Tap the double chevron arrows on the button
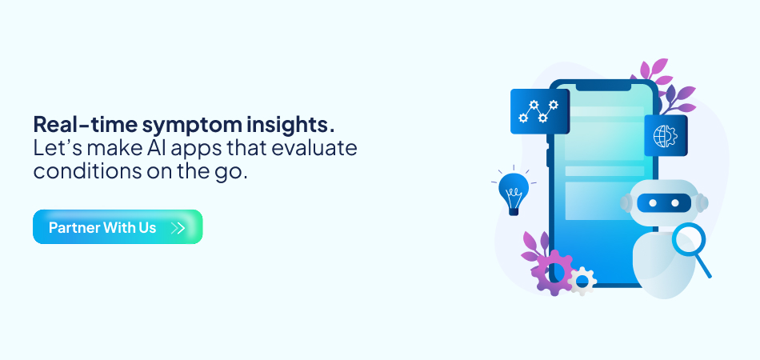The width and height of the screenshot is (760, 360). [178, 228]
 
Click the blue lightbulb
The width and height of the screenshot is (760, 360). [513, 190]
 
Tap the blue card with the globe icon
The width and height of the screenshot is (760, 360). [665, 135]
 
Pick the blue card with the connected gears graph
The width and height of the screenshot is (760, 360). [538, 111]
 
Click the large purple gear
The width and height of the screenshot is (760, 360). [551, 271]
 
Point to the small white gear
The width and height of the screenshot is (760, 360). [583, 281]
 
